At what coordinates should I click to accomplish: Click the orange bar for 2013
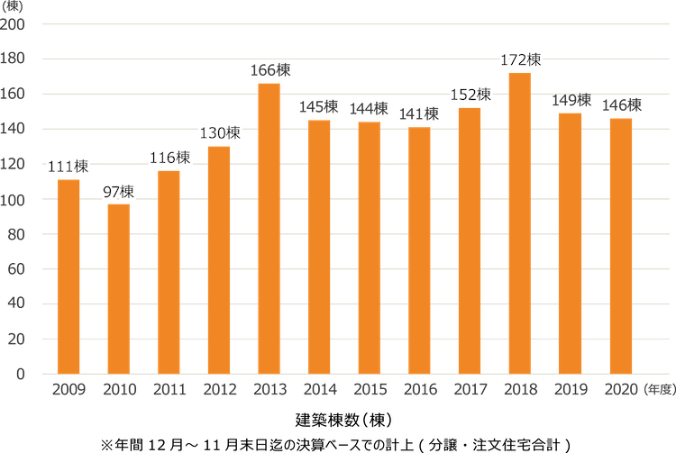pos(269,229)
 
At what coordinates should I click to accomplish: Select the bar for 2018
pos(519,223)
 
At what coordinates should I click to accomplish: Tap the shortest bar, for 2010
pos(118,289)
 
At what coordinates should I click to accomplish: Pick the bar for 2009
pos(69,276)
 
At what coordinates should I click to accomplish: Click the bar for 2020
pos(620,246)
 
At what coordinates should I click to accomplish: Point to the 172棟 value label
pos(520,60)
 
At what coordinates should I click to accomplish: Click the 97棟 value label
pos(118,192)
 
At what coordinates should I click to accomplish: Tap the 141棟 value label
pos(419,114)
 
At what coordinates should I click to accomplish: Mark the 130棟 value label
pos(219,133)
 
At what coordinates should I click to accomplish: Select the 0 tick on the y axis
pos(23,374)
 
